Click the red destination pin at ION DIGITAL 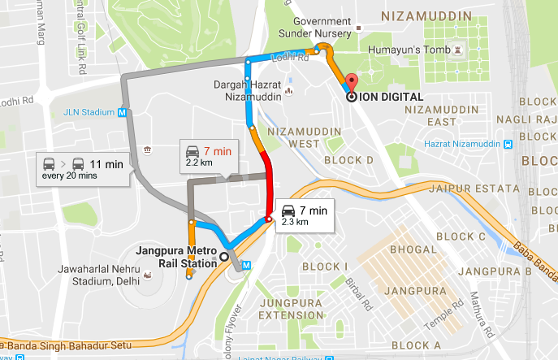[x=351, y=82]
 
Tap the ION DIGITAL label [x=391, y=97]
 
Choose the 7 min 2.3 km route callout [x=304, y=215]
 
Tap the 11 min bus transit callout [x=84, y=169]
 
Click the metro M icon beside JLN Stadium [x=122, y=112]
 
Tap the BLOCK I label [x=325, y=267]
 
